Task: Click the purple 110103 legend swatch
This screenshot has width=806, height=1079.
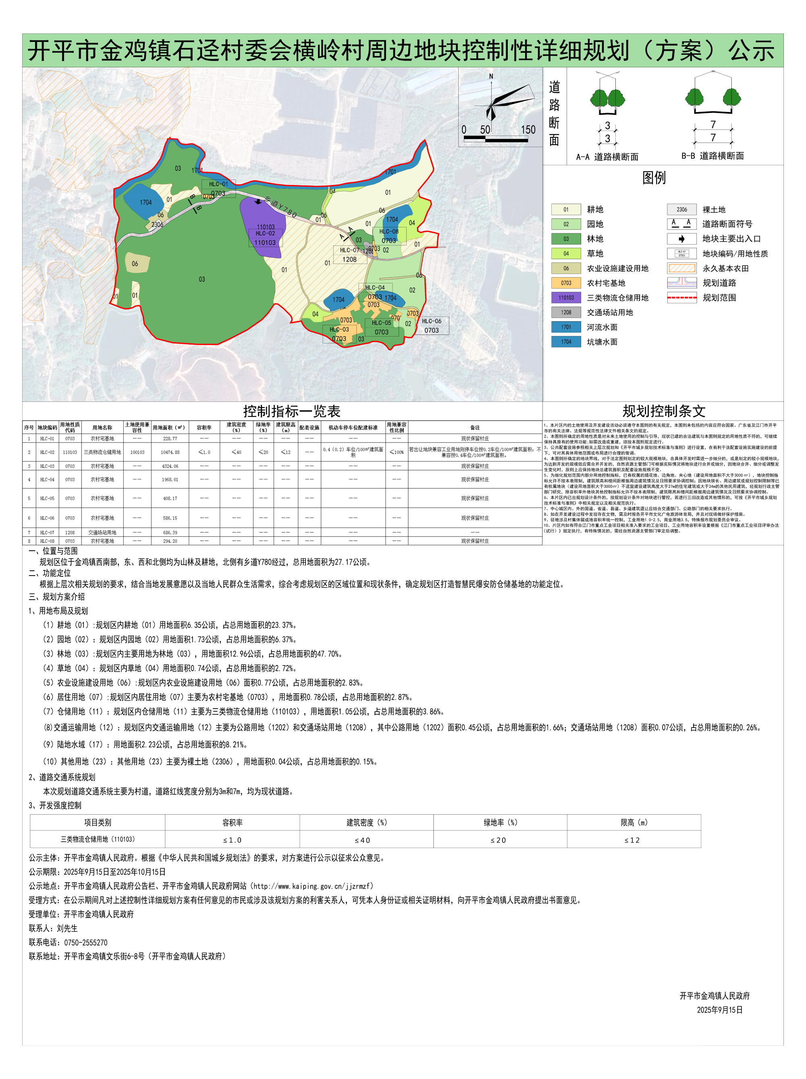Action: (x=566, y=297)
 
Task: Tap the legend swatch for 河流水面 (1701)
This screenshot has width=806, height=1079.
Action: (x=566, y=327)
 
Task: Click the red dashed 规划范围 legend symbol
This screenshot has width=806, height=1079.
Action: (x=681, y=297)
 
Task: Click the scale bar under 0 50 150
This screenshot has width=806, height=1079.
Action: (x=495, y=139)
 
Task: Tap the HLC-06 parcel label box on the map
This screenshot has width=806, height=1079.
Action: (x=431, y=325)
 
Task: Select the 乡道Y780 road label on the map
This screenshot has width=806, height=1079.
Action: (x=281, y=206)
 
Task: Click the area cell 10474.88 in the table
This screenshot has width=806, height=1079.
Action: (x=170, y=452)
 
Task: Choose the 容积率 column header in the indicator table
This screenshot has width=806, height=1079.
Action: (x=204, y=427)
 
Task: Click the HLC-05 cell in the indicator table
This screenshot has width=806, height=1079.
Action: (x=47, y=498)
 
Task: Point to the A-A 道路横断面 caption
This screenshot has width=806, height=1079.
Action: (x=607, y=156)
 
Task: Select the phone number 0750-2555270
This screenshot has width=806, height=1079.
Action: (x=85, y=942)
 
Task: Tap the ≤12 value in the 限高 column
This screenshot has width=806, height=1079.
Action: (x=632, y=840)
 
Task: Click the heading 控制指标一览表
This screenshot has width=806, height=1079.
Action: (x=292, y=411)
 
